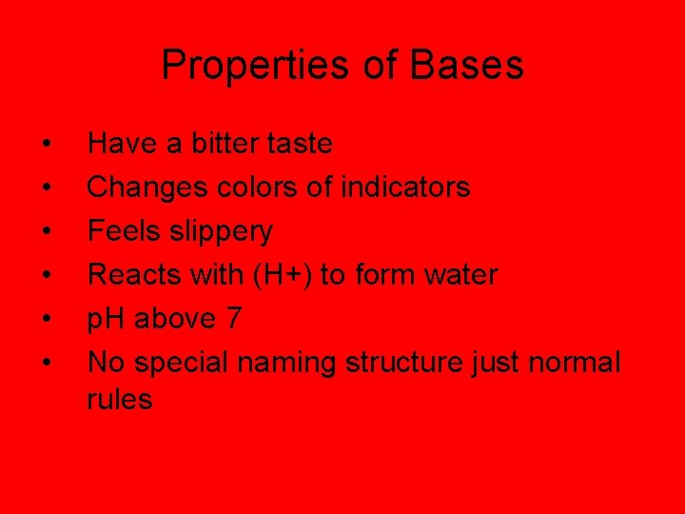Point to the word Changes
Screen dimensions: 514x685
[141, 188]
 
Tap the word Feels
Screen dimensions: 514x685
[118, 231]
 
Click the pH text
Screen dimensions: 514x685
[107, 319]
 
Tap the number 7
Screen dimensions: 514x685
[232, 319]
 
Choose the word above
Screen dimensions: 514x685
[175, 319]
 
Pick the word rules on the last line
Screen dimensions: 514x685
[119, 400]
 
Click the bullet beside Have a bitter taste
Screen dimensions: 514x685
[47, 145]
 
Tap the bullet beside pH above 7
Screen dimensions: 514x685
[47, 320]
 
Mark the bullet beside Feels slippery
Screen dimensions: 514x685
[47, 232]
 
